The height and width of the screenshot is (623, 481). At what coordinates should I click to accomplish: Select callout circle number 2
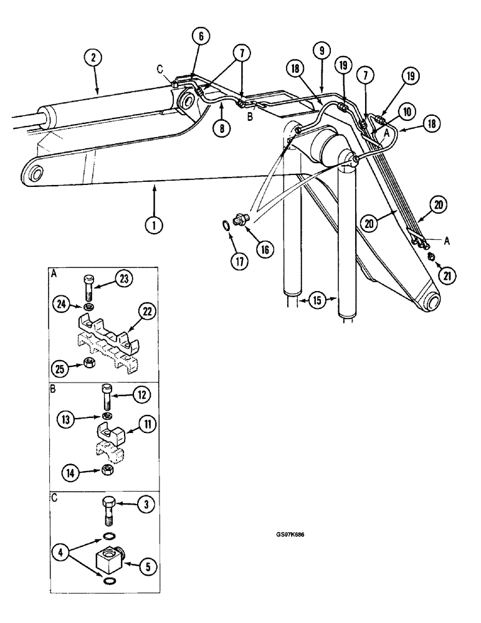pyautogui.click(x=93, y=59)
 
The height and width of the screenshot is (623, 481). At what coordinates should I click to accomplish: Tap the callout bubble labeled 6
pyautogui.click(x=201, y=37)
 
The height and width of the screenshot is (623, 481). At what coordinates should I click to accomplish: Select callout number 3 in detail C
pyautogui.click(x=145, y=506)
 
